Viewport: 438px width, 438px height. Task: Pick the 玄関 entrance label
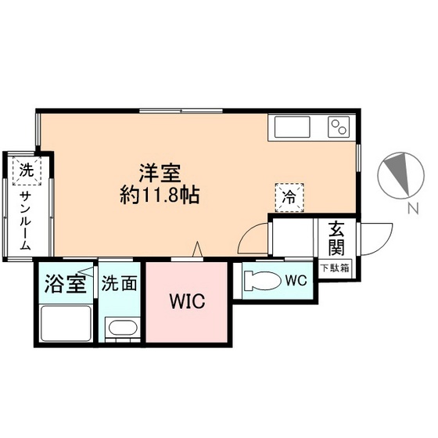[336, 239]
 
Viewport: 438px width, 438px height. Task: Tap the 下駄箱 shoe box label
[336, 268]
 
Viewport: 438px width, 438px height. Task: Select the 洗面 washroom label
[120, 283]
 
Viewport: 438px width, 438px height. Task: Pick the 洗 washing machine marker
[26, 169]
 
